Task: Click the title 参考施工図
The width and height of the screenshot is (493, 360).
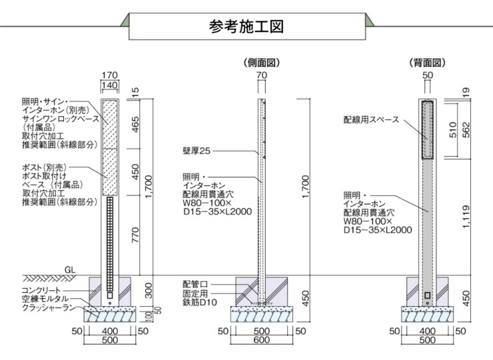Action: (x=246, y=27)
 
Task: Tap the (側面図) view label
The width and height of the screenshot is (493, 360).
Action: (x=262, y=63)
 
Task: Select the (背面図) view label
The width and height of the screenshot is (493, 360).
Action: (x=427, y=63)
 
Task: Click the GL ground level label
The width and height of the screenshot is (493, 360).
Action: (x=69, y=270)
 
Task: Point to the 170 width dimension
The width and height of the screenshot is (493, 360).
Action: (x=110, y=75)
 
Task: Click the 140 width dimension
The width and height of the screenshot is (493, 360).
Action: (x=110, y=85)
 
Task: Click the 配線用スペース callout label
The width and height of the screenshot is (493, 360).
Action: (x=371, y=120)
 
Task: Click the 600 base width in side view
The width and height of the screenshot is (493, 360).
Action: (x=262, y=340)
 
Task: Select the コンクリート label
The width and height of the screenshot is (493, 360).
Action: (x=41, y=291)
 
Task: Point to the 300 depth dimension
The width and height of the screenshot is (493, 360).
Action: (x=147, y=290)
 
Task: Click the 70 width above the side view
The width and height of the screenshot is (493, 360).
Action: (x=262, y=75)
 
